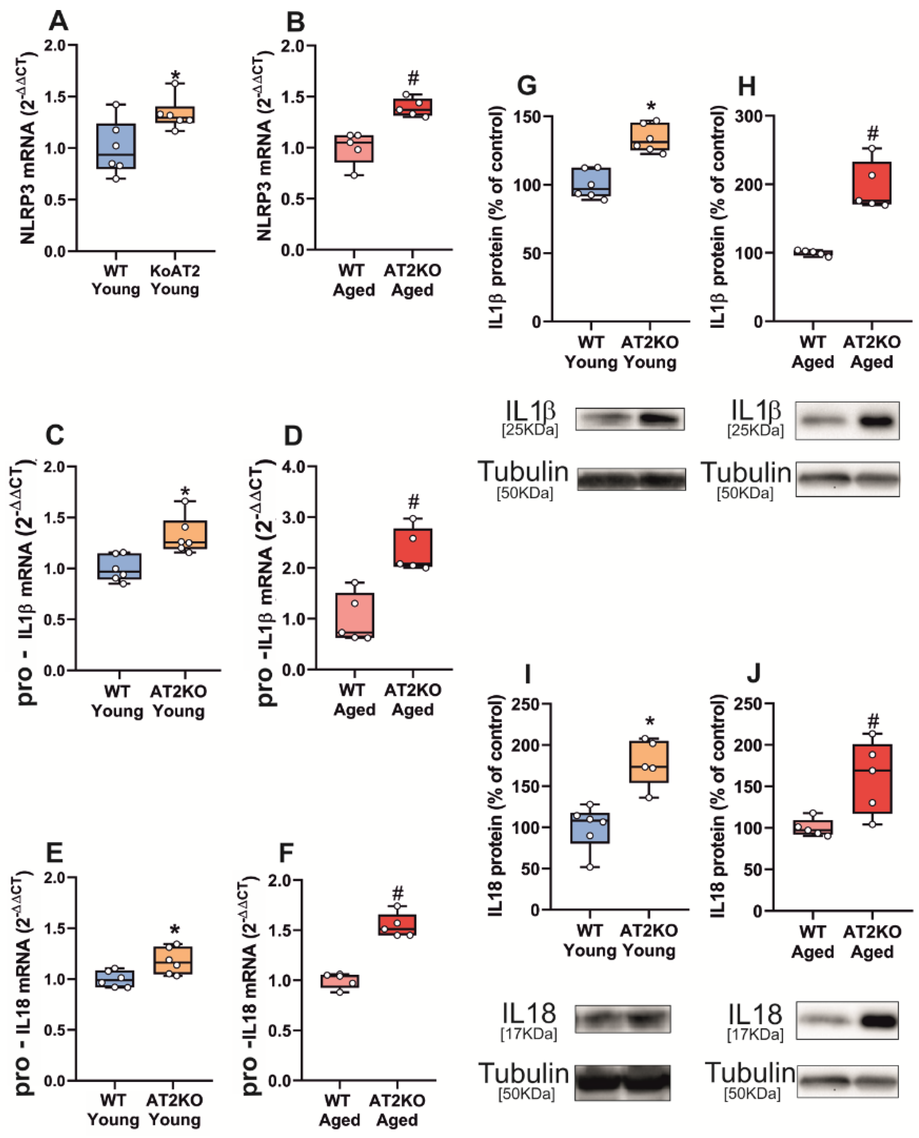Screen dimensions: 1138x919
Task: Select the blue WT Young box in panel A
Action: [x=116, y=146]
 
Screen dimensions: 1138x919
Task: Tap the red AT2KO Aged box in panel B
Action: [x=412, y=107]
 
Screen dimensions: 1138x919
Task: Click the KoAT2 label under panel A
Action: [x=175, y=271]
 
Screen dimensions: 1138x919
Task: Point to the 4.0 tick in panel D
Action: [x=294, y=466]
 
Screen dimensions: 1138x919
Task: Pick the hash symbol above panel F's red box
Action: [x=398, y=894]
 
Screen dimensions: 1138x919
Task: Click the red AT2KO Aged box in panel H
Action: [x=872, y=183]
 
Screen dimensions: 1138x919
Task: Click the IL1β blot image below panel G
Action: [x=630, y=419]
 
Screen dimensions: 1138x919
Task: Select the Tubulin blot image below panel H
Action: [x=847, y=479]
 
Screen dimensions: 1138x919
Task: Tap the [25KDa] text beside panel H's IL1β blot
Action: [x=755, y=430]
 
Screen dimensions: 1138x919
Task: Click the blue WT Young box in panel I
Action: [x=590, y=828]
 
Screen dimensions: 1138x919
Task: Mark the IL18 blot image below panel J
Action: [x=847, y=1021]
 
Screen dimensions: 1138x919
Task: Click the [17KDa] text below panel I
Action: [x=528, y=1034]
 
